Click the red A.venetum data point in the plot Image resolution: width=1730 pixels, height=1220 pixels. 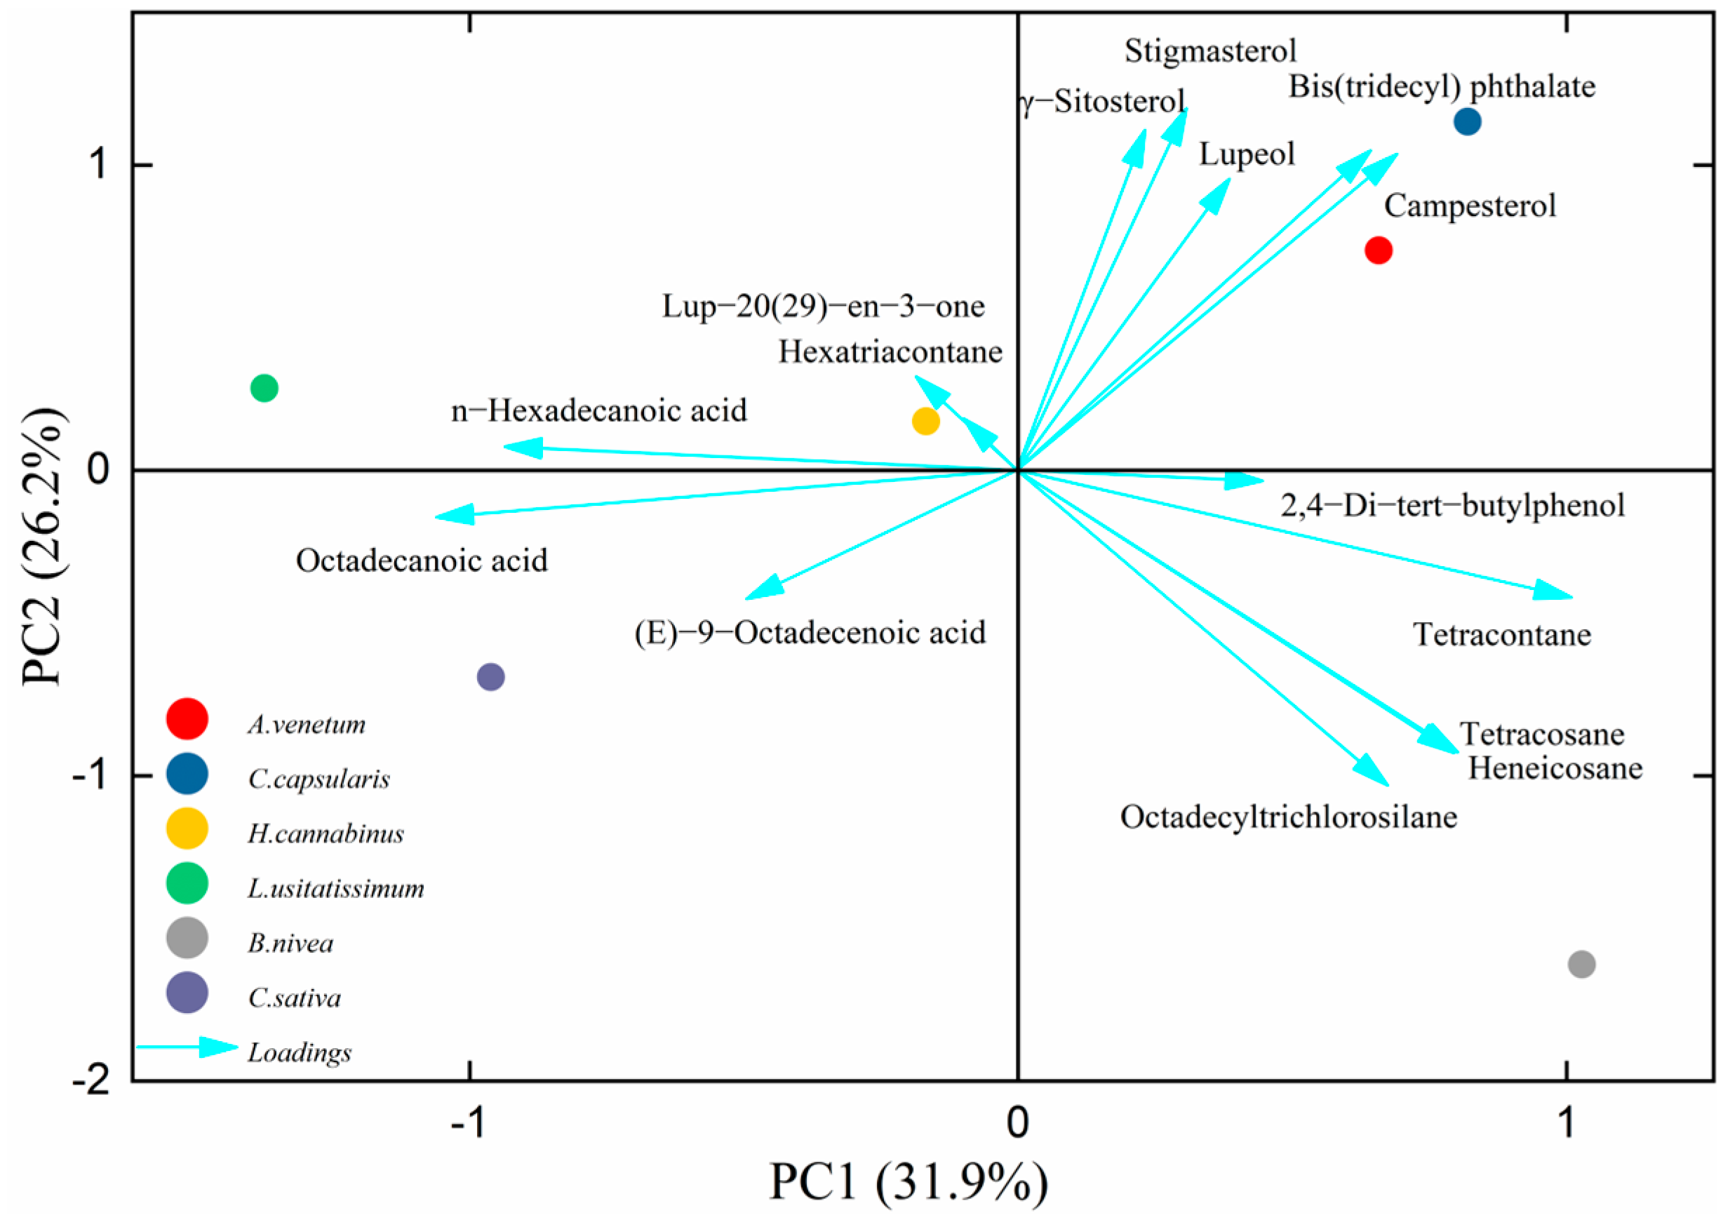coord(1378,250)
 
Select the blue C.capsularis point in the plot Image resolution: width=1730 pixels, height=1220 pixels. coord(1467,121)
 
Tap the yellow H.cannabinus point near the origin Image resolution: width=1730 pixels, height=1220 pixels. coord(925,421)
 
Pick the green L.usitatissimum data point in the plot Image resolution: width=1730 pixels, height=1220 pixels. coord(264,388)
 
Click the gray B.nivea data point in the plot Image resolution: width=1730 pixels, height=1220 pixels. coord(1581,964)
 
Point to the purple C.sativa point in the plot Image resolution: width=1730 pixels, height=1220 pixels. coord(490,677)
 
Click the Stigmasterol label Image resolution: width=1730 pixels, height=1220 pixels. coord(1210,51)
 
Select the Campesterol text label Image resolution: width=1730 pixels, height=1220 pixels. coord(1469,206)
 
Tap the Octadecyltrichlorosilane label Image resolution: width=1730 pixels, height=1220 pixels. coord(1289,817)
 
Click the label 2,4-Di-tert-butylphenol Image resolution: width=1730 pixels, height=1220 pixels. coord(1452,505)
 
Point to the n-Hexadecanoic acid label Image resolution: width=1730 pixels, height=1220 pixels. coord(599,410)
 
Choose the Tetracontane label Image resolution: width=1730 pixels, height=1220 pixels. coord(1501,634)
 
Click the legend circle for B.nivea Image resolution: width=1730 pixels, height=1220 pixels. coord(187,938)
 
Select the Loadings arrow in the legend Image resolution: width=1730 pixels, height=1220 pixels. coord(189,1047)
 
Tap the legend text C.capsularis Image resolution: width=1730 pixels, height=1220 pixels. coord(318,779)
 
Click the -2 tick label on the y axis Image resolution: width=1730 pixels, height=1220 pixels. coord(90,1081)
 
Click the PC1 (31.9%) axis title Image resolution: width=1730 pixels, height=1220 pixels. coord(908,1181)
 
